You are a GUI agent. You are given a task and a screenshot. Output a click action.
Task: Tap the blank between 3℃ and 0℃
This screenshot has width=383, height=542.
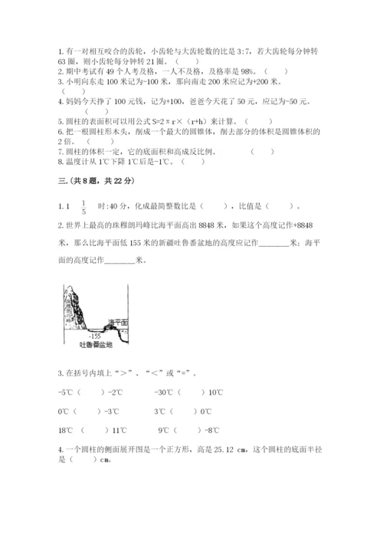click(x=184, y=411)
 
